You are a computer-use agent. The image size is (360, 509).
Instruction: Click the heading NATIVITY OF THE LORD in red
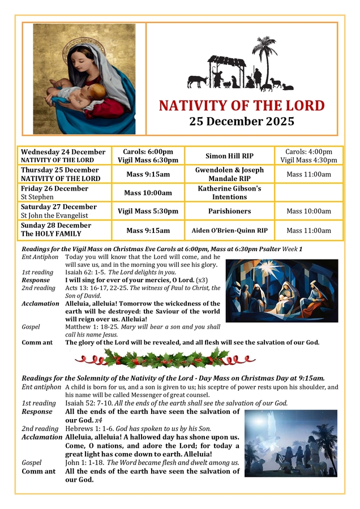[242, 106]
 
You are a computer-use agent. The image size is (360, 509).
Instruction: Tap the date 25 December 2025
[242, 121]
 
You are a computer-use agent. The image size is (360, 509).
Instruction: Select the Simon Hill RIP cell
[229, 156]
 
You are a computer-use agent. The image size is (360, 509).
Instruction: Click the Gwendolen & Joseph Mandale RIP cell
[229, 174]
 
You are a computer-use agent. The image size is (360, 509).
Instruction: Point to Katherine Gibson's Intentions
[229, 192]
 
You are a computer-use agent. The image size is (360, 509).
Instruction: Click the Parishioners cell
[229, 211]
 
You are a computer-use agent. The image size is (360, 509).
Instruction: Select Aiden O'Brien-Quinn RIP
[229, 230]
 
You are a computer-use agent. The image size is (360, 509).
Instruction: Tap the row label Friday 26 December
[54, 189]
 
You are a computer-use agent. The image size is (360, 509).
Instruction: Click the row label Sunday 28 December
[55, 226]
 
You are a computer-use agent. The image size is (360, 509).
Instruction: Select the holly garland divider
[165, 358]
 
